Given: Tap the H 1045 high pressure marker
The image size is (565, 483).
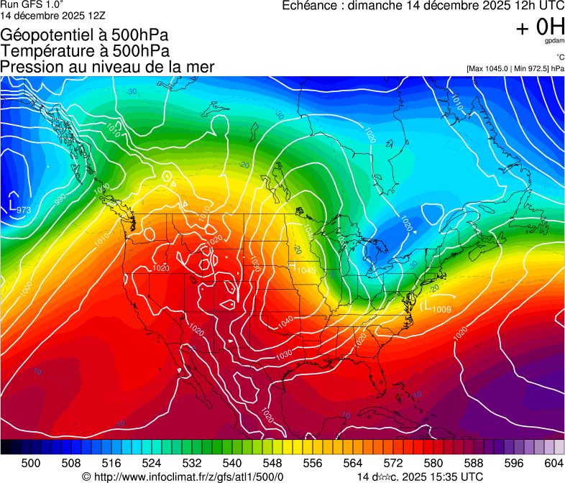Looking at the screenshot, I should click(303, 269).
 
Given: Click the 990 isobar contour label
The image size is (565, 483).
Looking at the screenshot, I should click(60, 199).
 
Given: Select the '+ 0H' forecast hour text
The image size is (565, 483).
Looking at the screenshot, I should click(540, 27).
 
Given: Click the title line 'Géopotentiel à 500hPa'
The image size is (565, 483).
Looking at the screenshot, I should click(85, 34).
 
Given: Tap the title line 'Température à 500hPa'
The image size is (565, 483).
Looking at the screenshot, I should click(85, 50).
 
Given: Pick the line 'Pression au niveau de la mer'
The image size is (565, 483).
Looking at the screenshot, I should click(107, 67).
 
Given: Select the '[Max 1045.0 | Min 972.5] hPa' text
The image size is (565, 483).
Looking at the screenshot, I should click(515, 68).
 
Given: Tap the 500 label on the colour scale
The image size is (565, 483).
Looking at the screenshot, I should click(31, 463).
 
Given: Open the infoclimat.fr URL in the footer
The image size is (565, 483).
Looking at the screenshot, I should click(188, 477).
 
